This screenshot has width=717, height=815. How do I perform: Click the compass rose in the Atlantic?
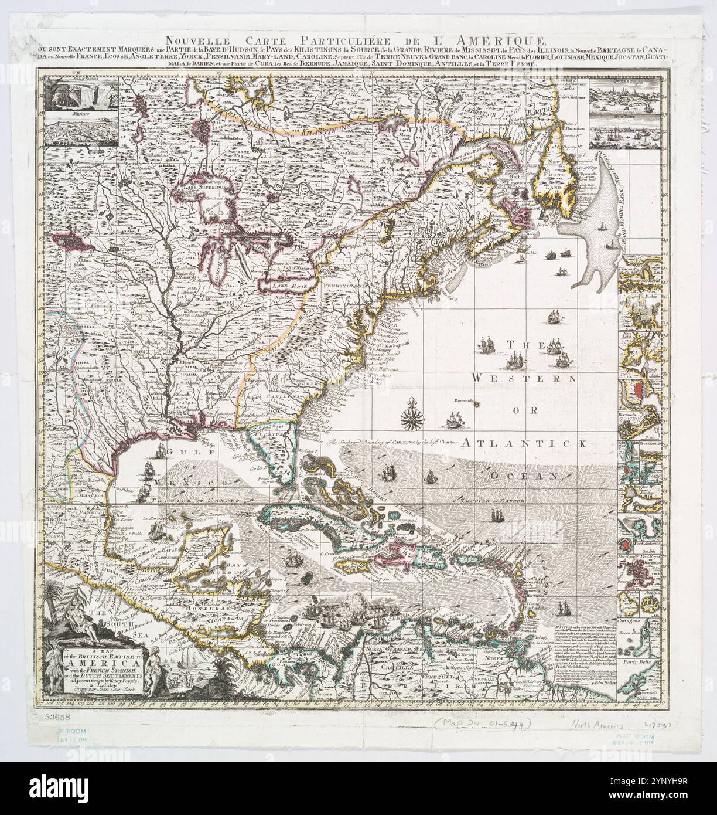click(408, 418)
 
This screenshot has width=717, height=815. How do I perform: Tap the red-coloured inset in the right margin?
click(636, 389)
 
